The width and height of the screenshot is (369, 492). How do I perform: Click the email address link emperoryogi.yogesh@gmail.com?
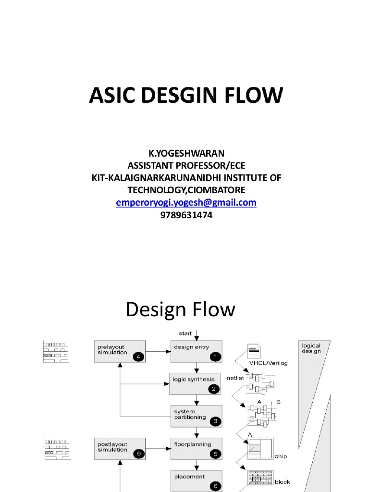[x=186, y=202]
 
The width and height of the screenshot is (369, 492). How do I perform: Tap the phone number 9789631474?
[x=186, y=215]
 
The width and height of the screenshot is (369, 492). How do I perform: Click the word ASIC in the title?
[x=112, y=95]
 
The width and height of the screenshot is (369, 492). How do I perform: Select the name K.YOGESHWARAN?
[x=186, y=153]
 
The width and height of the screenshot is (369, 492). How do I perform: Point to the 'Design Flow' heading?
[x=181, y=309]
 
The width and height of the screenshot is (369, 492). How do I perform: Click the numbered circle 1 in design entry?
[x=216, y=357]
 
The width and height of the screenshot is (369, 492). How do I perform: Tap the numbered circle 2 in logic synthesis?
[x=214, y=389]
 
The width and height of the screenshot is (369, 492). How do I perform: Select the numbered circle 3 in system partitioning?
[x=216, y=421]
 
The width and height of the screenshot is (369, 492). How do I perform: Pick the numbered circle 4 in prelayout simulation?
[x=138, y=357]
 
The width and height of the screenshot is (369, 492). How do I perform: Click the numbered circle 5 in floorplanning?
[x=216, y=454]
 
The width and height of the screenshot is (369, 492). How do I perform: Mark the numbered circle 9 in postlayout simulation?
[x=139, y=454]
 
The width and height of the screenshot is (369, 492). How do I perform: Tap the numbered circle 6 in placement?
[x=216, y=486]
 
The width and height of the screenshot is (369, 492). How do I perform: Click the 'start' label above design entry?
[x=185, y=333]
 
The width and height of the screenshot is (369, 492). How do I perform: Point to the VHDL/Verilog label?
[x=268, y=363]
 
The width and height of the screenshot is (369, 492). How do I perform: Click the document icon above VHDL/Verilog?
[x=254, y=351]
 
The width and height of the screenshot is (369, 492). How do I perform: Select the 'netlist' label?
[x=235, y=378]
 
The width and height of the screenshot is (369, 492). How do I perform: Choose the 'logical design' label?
[x=311, y=348]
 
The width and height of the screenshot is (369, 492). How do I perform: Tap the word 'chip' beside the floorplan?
[x=281, y=456]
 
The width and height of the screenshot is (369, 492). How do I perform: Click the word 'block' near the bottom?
[x=283, y=482]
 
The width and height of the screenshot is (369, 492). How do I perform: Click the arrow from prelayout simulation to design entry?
[x=158, y=351]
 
